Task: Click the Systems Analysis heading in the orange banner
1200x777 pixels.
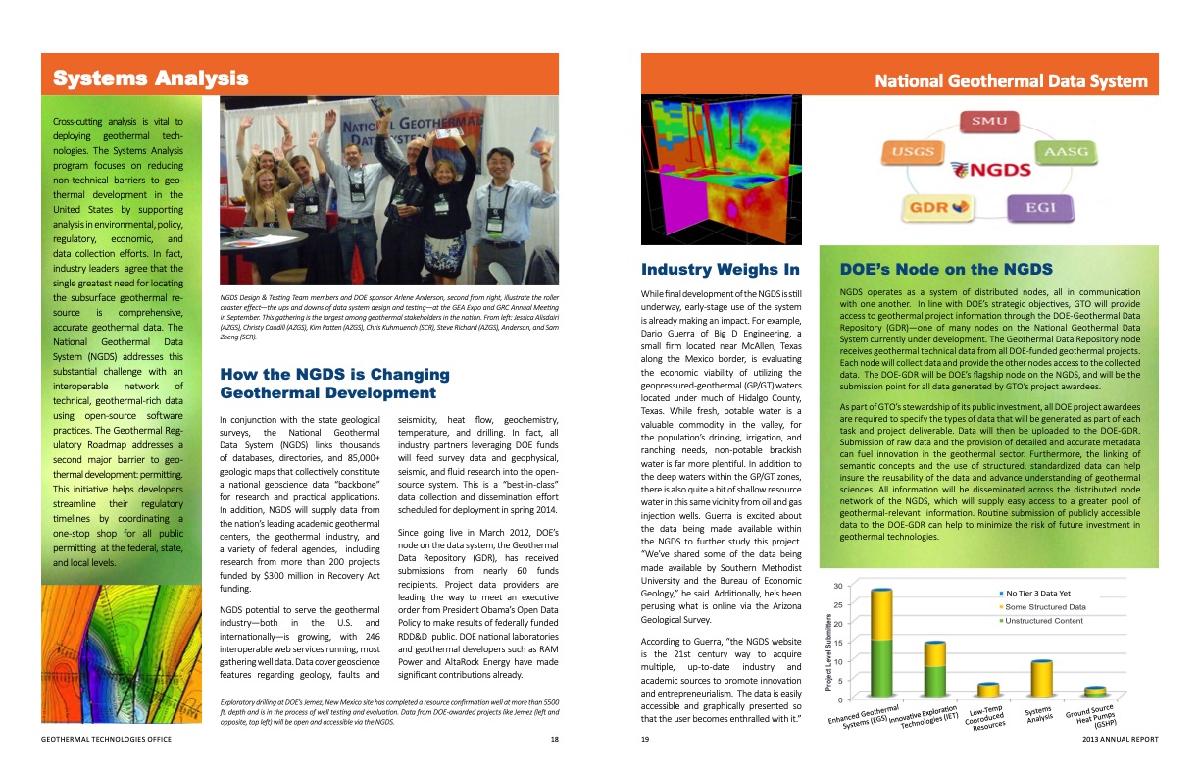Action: pos(150,78)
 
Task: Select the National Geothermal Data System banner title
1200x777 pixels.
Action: pos(1011,81)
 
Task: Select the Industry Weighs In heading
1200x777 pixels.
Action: pos(720,269)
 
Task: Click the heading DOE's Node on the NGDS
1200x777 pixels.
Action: pos(946,269)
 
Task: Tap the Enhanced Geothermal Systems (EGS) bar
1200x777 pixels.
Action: pos(881,643)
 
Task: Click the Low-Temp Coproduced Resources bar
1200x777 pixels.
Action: pos(987,690)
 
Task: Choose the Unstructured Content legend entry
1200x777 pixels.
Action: pos(1043,621)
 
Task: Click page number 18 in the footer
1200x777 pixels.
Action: pos(554,739)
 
